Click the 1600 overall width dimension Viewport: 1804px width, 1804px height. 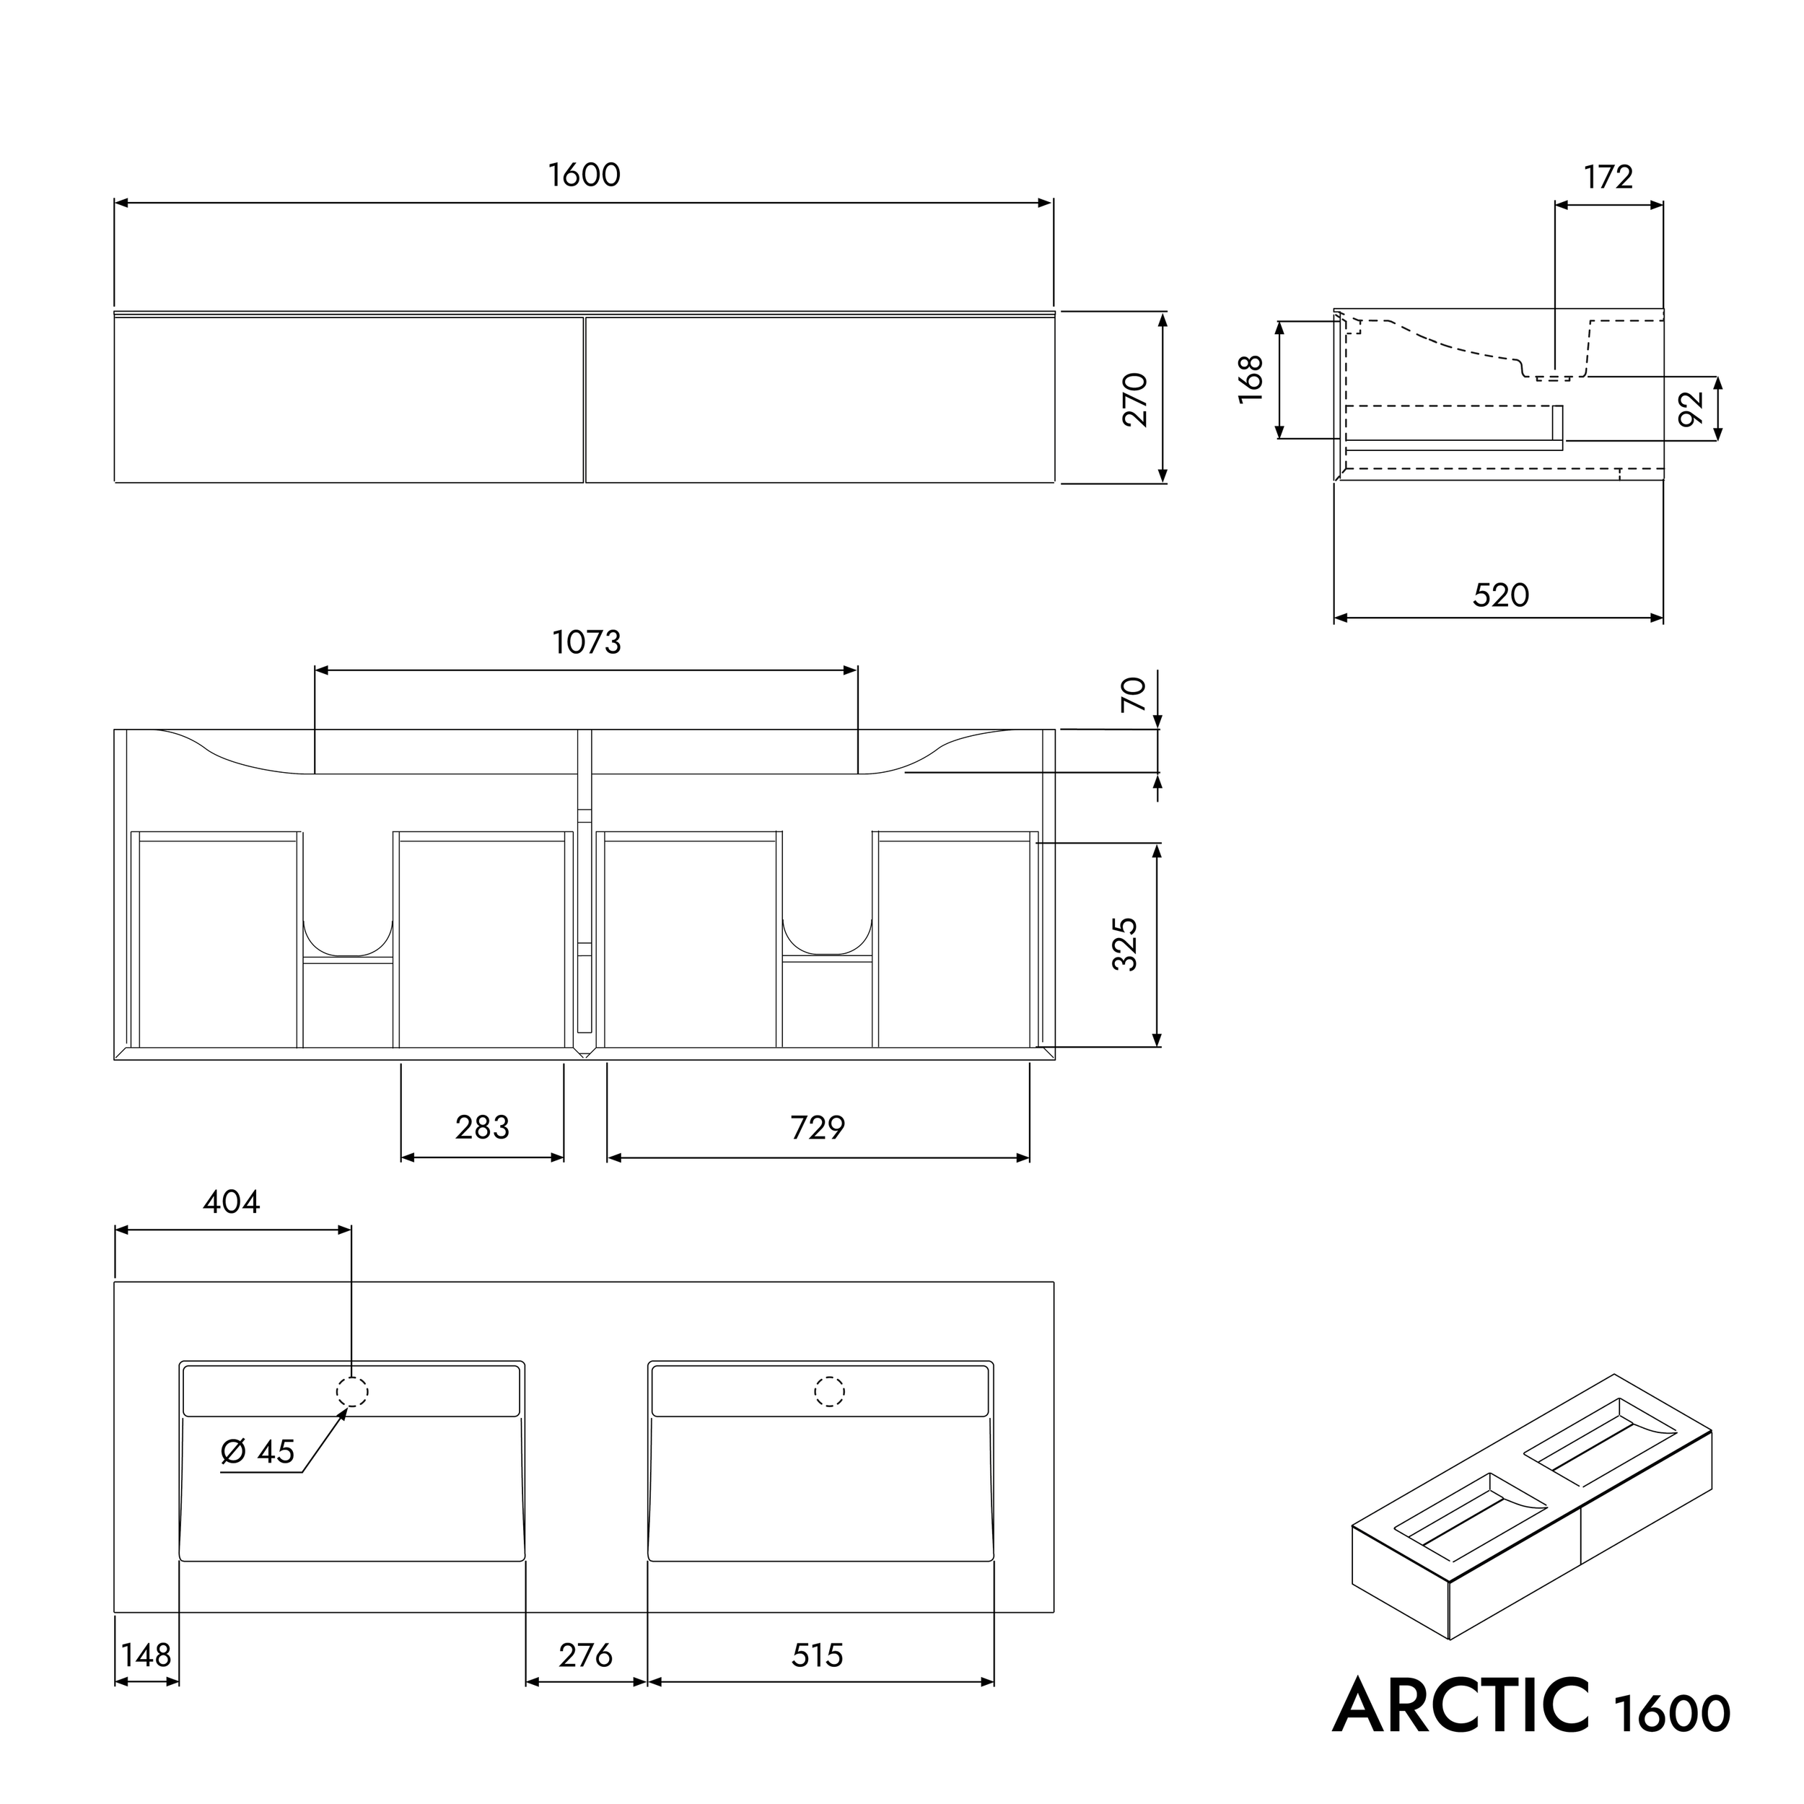tap(584, 175)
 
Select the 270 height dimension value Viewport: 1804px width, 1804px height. tap(1134, 399)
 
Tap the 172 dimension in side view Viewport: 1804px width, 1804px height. tap(1608, 178)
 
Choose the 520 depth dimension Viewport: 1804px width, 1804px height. tap(1500, 595)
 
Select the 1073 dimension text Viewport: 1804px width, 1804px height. tap(587, 642)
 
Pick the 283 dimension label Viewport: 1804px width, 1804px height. tap(482, 1128)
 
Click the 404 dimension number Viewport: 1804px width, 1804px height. tap(231, 1201)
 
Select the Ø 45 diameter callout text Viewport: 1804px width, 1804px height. tap(258, 1451)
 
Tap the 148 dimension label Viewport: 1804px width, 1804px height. tap(146, 1655)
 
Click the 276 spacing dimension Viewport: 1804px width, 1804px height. tap(585, 1655)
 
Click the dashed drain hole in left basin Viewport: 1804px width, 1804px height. tap(352, 1392)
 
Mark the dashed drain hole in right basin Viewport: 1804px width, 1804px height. tap(829, 1392)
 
